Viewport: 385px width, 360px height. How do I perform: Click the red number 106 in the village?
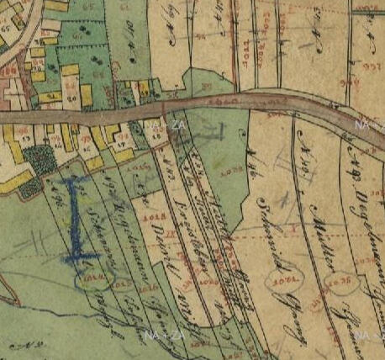click(x=12, y=71)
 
